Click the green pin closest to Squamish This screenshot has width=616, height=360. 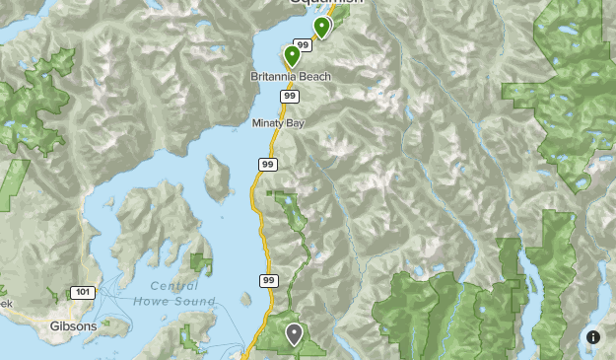pos(321,27)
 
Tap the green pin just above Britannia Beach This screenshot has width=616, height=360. pos(292,55)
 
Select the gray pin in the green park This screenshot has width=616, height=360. pos(294,334)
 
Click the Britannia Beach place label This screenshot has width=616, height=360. pos(289,77)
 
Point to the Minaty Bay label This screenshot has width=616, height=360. pos(277,123)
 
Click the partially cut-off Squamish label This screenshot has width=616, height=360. pos(326,3)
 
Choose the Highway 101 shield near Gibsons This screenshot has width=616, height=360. pos(82,292)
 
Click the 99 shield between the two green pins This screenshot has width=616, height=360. pos(303,45)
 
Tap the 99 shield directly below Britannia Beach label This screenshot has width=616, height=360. pos(289,96)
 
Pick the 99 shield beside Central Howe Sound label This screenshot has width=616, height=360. pos(269,281)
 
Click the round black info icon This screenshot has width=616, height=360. pos(593,337)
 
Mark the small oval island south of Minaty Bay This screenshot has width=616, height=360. pos(217,176)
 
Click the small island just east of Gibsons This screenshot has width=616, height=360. pos(116,325)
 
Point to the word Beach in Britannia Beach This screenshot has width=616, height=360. pos(314,77)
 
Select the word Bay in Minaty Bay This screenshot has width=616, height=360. pos(295,123)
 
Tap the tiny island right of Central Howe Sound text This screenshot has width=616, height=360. pos(201,263)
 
